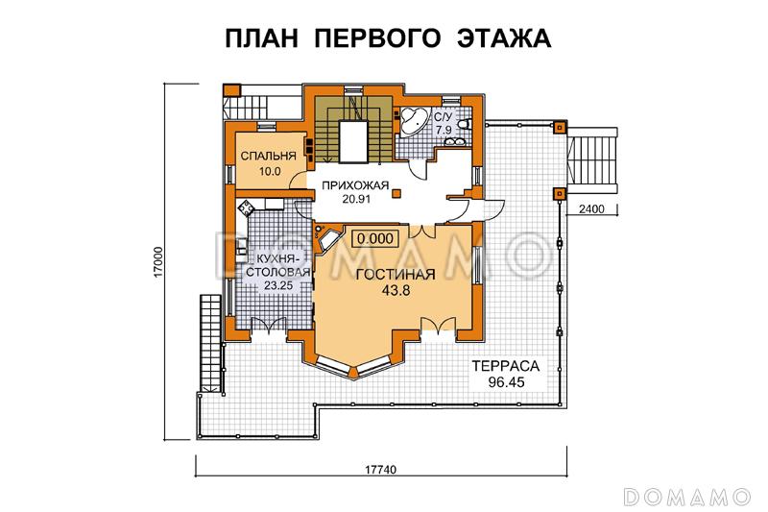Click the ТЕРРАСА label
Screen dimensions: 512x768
click(503, 366)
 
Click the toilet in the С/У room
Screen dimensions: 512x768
click(466, 124)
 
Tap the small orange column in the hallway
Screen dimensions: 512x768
click(397, 195)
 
